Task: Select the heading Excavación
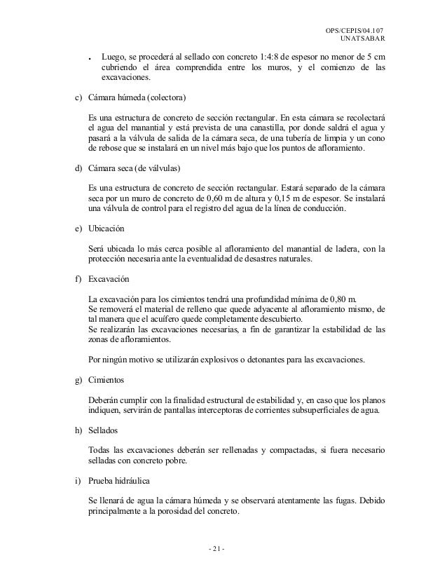tap(111, 278)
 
